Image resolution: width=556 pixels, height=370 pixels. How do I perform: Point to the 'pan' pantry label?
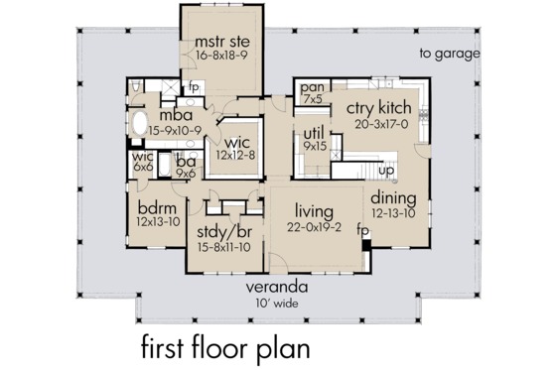pos(310,89)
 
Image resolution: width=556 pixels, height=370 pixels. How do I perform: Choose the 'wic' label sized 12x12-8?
pos(234,142)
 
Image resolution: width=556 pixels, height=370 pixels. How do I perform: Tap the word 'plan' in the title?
pos(281,349)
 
